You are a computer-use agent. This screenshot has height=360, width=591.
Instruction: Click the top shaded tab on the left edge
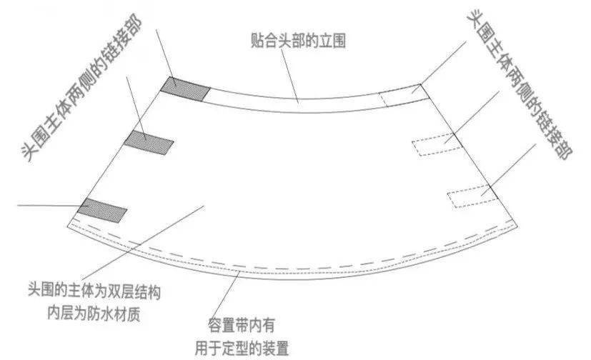coord(185,89)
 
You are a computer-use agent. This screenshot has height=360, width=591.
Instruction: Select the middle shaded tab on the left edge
coord(149,142)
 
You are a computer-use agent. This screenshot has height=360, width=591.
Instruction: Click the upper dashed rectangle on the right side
coord(437,144)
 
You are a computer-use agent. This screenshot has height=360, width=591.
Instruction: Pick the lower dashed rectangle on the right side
coord(473,196)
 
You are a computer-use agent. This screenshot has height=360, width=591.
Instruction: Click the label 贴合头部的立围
coord(298,41)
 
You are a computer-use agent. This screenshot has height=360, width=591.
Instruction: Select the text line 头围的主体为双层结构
coord(94,291)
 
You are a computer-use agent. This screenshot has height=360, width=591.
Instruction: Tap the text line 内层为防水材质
coord(94,313)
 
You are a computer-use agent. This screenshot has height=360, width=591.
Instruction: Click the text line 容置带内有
coord(242,326)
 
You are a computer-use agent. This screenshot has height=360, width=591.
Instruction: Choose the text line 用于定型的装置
coord(242,349)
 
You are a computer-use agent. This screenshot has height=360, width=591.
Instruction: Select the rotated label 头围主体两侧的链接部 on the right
coord(519,84)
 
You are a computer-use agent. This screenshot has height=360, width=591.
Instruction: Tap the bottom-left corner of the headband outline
coord(68,226)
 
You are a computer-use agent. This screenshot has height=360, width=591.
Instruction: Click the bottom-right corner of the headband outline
coord(517,227)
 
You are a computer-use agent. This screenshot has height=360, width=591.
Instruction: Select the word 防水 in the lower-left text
coord(94,313)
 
